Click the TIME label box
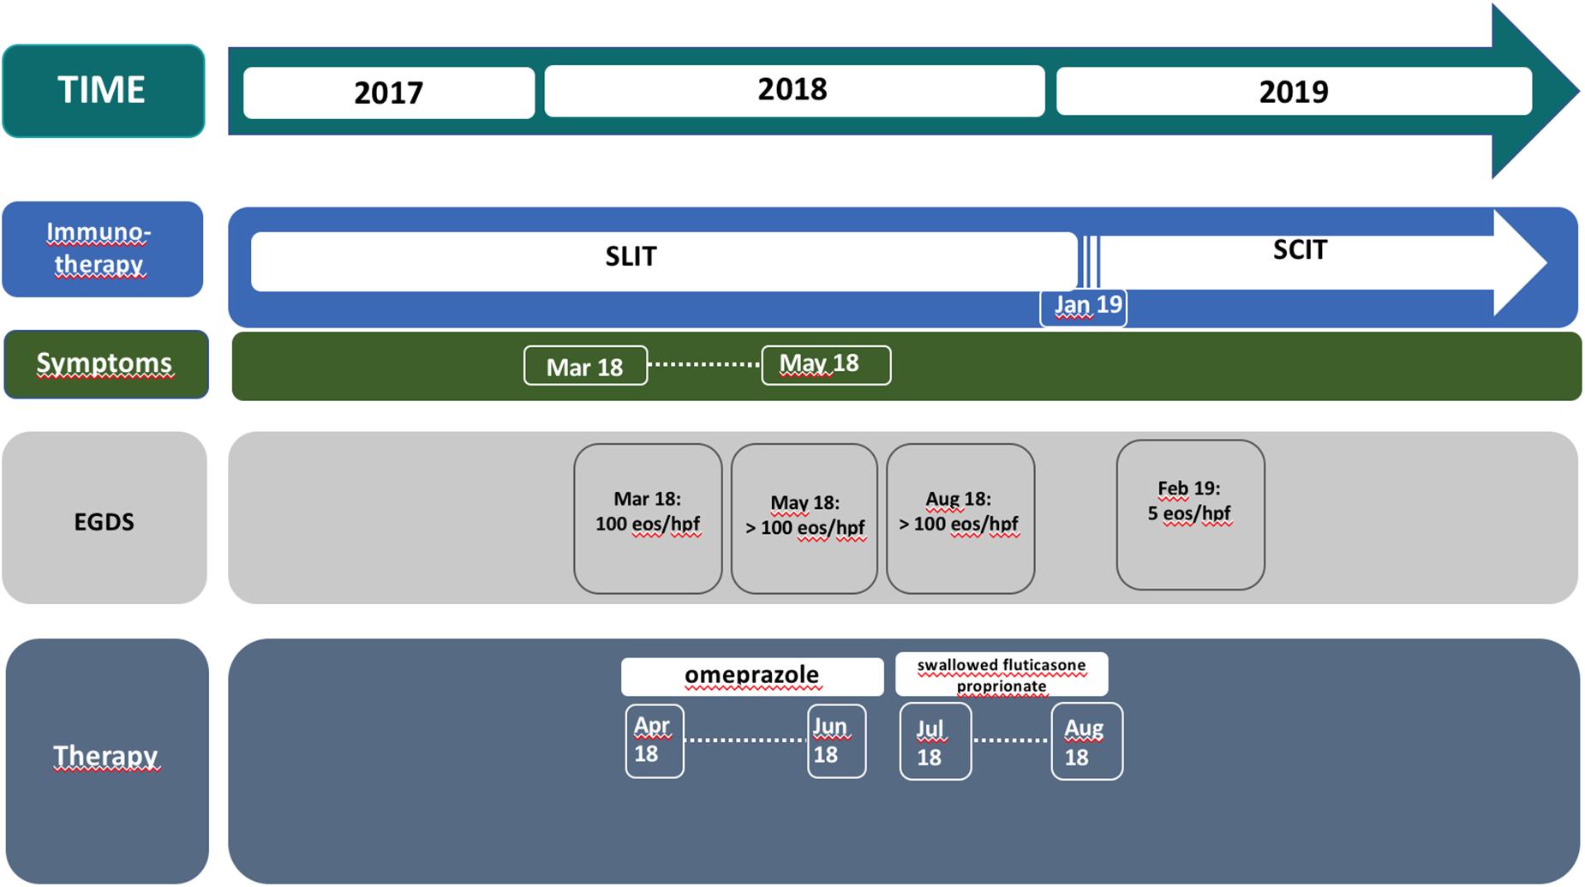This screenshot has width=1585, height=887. pos(103,91)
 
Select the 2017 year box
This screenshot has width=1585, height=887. pos(389,93)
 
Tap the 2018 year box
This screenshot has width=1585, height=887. pos(793,90)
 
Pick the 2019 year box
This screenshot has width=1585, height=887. pos(1293,92)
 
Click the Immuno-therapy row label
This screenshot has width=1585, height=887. pos(102,249)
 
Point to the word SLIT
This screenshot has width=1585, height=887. pos(631,256)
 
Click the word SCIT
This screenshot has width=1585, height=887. pos(1300,250)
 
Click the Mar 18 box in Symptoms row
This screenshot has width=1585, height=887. pos(585,367)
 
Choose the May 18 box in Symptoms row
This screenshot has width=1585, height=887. pos(825,365)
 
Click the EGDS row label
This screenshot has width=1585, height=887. pos(105,521)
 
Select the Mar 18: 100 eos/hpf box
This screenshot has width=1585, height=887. pos(648,518)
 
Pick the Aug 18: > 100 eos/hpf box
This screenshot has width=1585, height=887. pos(960,518)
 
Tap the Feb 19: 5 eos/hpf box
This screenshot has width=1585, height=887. pos(1190,514)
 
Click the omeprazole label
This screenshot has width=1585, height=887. pos(751,676)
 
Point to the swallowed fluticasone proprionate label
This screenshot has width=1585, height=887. pos(1002,675)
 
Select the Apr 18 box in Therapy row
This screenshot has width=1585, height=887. pos(654,740)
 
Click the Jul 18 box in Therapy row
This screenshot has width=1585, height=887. pos(935,742)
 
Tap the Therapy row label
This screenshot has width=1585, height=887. pos(106,758)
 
